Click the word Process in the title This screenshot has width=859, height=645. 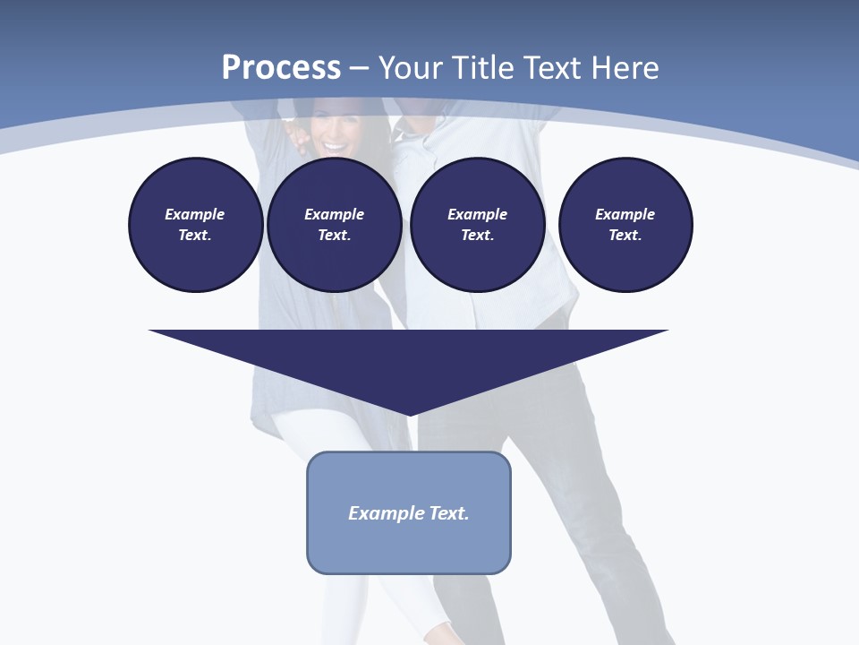[x=281, y=68]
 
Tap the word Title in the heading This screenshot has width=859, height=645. [x=481, y=68]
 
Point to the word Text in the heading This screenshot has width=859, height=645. [x=549, y=68]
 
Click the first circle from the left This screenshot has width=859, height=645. [x=195, y=225]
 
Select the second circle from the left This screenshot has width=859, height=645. [x=334, y=225]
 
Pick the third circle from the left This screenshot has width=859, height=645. [x=477, y=225]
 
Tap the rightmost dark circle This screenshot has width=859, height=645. [x=625, y=225]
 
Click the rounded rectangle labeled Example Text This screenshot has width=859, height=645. [x=409, y=512]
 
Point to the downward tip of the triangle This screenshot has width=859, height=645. [x=409, y=413]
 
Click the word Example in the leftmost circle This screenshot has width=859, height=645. [x=195, y=214]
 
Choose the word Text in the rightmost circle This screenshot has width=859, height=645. [x=625, y=236]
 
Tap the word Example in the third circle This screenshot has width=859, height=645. [x=477, y=214]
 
